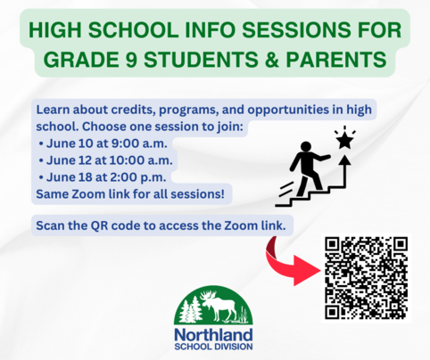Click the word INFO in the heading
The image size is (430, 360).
pyautogui.click(x=211, y=30)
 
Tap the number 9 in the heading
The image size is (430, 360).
pyautogui.click(x=131, y=59)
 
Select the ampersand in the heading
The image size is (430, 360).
pyautogui.click(x=271, y=59)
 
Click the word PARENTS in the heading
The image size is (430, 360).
pyautogui.click(x=336, y=59)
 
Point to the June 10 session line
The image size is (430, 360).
pyautogui.click(x=103, y=143)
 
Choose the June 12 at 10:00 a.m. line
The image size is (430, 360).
pyautogui.click(x=105, y=160)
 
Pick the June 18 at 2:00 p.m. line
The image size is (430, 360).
pyautogui.click(x=103, y=177)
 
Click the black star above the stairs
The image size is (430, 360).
pyautogui.click(x=345, y=141)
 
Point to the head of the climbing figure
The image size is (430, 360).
pyautogui.click(x=305, y=147)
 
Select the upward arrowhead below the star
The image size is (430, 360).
pyautogui.click(x=345, y=160)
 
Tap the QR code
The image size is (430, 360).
pyautogui.click(x=366, y=278)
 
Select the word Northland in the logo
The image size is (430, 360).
pyautogui.click(x=213, y=335)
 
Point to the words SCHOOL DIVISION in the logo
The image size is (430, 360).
pyautogui.click(x=213, y=347)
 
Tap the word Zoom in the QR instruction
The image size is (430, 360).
pyautogui.click(x=241, y=225)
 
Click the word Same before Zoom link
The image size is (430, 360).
pyautogui.click(x=52, y=194)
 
